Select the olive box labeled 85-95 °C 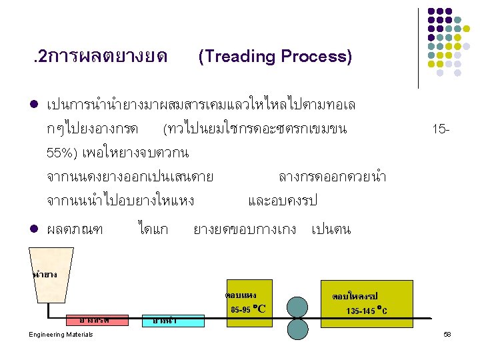pos(248,303)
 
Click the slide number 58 pos(447,334)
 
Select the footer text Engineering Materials pos(61,334)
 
